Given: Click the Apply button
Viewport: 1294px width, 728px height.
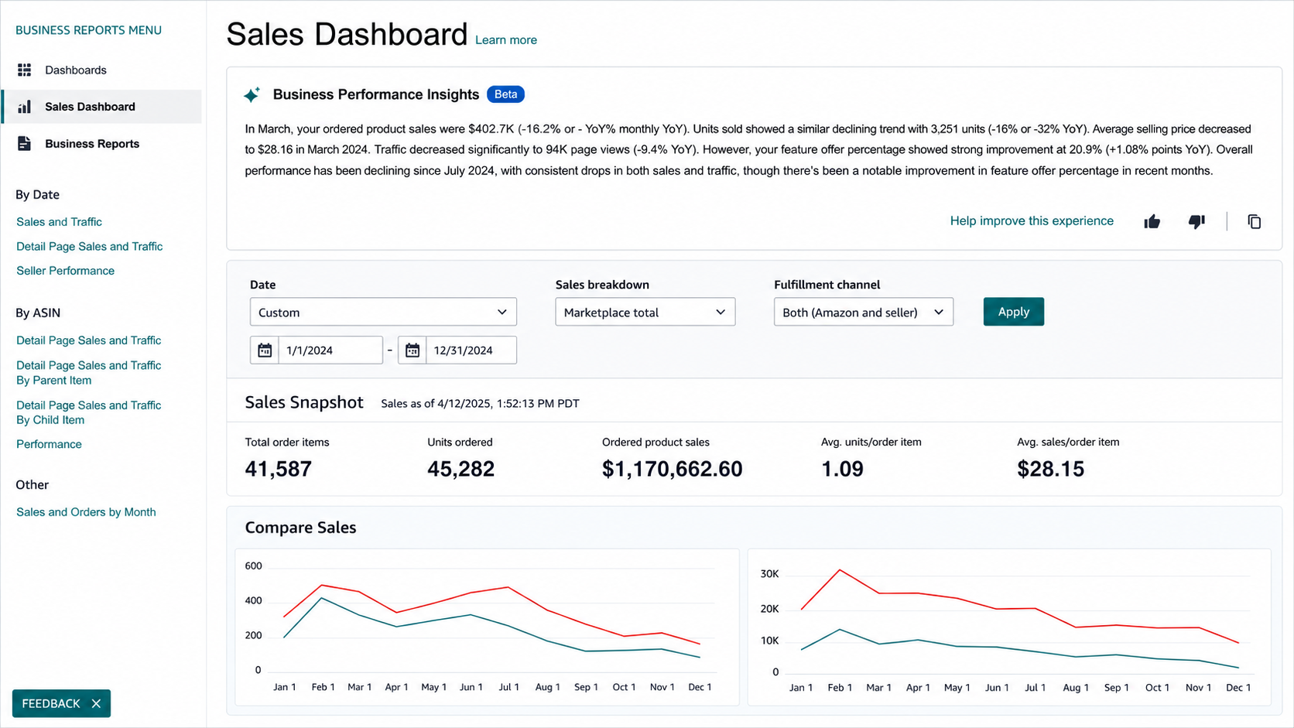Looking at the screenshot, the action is click(1013, 312).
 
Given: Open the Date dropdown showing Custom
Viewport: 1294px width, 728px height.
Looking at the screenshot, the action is click(383, 312).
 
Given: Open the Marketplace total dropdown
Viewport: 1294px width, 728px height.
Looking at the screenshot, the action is click(645, 312).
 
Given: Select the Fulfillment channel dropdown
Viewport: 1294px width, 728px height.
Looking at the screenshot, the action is click(864, 312).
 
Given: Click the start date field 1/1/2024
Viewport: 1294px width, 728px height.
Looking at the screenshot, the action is click(330, 350).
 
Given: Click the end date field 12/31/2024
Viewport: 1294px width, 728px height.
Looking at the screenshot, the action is click(471, 350).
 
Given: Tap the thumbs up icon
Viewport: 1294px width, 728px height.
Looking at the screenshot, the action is click(1152, 221).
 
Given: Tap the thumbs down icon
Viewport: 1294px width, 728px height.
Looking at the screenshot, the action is click(1196, 221).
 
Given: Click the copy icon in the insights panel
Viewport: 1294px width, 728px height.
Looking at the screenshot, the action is click(1254, 221).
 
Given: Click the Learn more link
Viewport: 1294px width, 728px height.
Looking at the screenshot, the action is click(506, 39).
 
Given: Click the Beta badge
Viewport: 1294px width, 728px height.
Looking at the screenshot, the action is click(505, 94).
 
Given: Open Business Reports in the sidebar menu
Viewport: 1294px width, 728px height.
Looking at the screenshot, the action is click(92, 144).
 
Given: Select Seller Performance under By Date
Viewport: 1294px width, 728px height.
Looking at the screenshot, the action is click(65, 271).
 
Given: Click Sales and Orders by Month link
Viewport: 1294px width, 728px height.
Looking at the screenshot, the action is click(86, 512).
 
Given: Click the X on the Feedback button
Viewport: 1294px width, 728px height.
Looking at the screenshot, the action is click(96, 703).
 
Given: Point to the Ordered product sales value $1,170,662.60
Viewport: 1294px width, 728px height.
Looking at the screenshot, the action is click(672, 469).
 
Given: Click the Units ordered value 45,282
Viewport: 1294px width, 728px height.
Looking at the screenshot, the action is click(460, 469).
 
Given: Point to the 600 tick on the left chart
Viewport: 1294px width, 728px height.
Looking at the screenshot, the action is click(254, 566).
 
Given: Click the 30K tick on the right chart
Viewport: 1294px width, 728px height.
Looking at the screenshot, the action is click(769, 574).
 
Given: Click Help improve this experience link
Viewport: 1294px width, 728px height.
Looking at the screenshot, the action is click(1032, 221).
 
